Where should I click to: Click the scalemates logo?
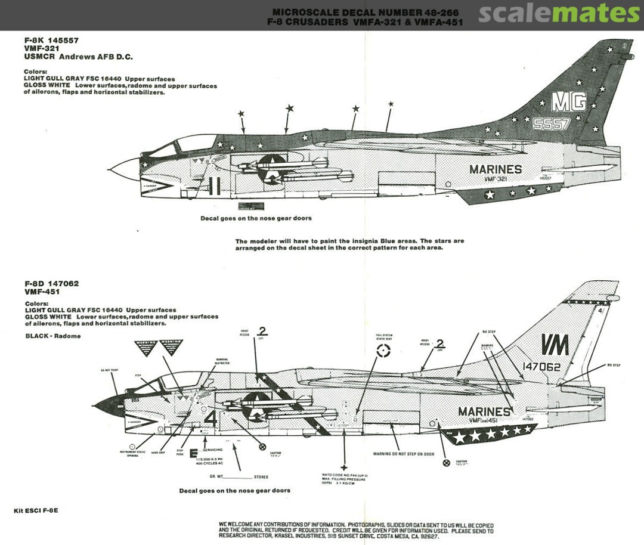(x=559, y=13)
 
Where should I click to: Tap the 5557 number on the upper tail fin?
(x=552, y=123)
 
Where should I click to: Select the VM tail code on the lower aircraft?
(x=555, y=345)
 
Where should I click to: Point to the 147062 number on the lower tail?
(x=541, y=367)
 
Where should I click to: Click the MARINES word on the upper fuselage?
(x=495, y=169)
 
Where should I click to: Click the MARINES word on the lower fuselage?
(x=484, y=411)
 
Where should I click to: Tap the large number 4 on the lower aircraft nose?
(x=210, y=417)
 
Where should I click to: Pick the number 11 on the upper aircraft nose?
(x=215, y=187)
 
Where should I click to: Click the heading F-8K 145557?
(x=51, y=41)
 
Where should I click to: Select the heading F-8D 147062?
(x=51, y=283)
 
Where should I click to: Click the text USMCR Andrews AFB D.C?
(x=78, y=57)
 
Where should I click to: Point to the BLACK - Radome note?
(x=52, y=336)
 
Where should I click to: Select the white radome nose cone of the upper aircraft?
(x=125, y=169)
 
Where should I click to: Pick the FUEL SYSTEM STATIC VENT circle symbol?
(x=384, y=352)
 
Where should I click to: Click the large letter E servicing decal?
(x=193, y=452)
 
